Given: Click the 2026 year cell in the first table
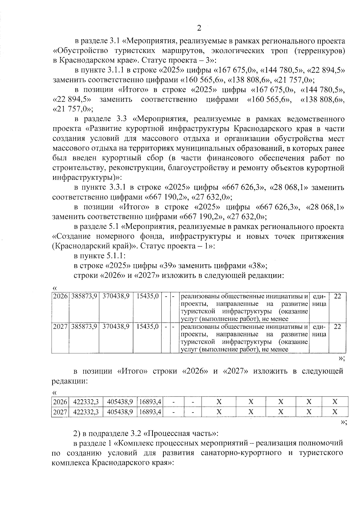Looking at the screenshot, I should (61, 296).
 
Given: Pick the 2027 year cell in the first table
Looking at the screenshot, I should (61, 327).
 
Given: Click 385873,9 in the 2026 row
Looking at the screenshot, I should (84, 296).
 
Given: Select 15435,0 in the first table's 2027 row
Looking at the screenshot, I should (147, 327).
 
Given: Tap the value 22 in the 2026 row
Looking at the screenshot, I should (337, 296).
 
